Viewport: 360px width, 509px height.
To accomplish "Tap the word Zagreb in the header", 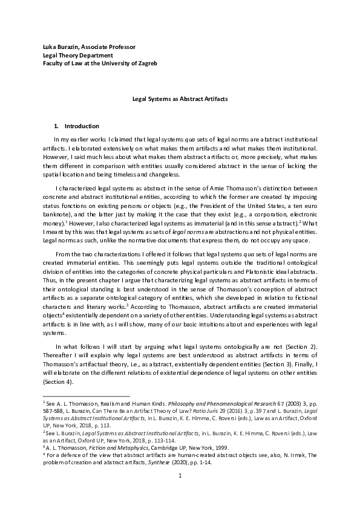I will point(145,63).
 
